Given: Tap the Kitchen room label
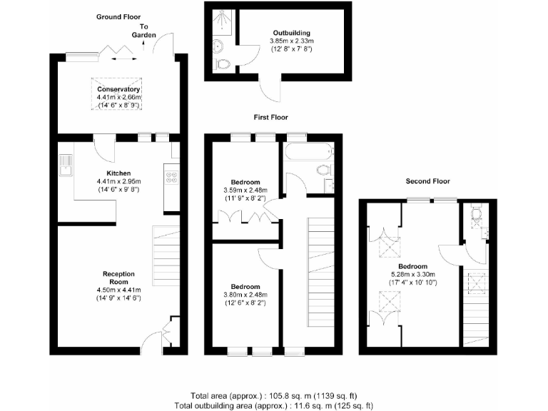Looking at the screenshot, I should tap(118, 173).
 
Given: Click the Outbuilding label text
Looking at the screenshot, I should tap(291, 33).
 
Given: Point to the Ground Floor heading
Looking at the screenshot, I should tap(118, 16).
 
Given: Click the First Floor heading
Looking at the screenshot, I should tap(272, 116).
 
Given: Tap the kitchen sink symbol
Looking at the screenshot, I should tap(66, 165).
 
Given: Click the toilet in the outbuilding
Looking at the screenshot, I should tap(223, 64).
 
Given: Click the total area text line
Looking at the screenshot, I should tap(273, 395).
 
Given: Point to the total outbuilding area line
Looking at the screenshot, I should tap(273, 405).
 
